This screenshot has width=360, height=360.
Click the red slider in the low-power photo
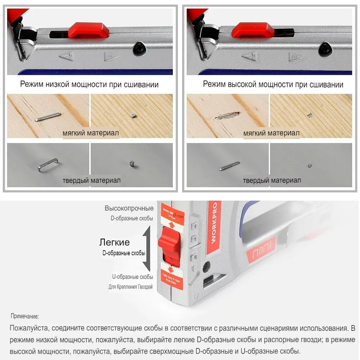pyautogui.click(x=89, y=30)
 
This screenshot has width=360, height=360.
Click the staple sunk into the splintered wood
pyautogui.click(x=227, y=115)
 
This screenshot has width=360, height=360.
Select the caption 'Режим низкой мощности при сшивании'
pyautogui.click(x=89, y=85)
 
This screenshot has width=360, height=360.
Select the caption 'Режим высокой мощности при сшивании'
pyautogui.click(x=273, y=85)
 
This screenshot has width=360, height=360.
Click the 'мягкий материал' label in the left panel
pyautogui.click(x=90, y=133)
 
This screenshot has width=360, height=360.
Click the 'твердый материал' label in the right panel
pyautogui.click(x=272, y=180)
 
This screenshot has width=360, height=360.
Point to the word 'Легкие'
pyautogui.click(x=114, y=242)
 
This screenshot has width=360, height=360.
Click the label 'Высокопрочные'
pyautogui.click(x=129, y=208)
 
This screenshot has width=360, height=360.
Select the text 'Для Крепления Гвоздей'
pyautogui.click(x=131, y=287)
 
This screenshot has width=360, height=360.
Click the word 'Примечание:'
pyautogui.click(x=24, y=316)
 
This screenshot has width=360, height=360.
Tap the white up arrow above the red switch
pyautogui.click(x=172, y=225)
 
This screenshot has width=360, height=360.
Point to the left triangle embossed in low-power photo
pyautogui.click(x=66, y=56)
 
